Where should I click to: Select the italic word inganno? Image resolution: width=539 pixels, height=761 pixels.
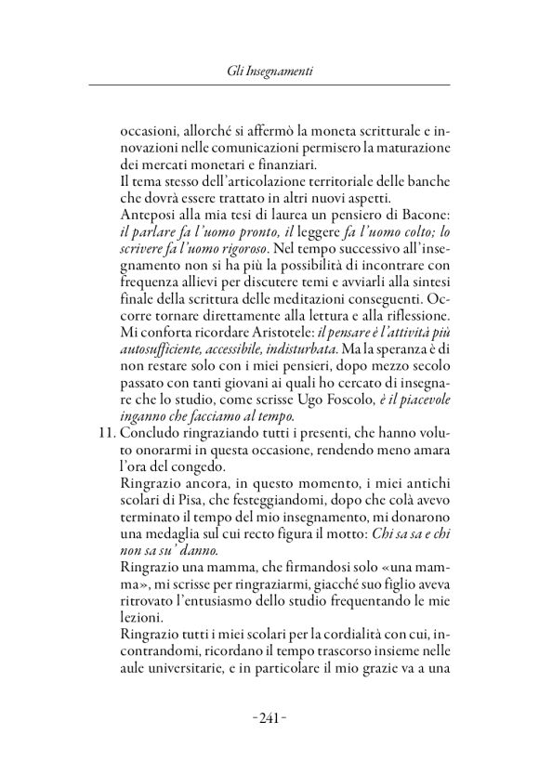[149, 421]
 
